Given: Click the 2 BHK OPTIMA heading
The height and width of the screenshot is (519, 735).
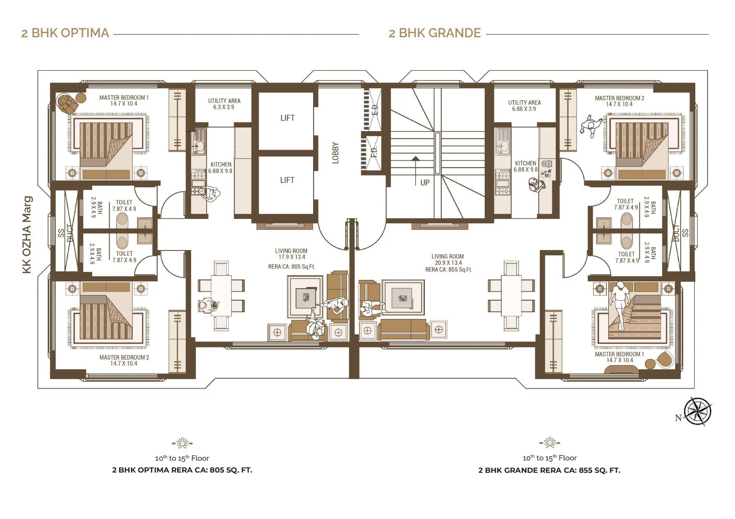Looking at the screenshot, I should coord(65,33).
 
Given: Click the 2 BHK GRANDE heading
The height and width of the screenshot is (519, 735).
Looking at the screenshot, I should coord(435,33).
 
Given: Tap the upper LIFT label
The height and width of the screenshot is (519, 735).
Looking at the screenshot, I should coord(287,118).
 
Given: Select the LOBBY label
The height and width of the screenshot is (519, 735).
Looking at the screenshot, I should coord(335,153).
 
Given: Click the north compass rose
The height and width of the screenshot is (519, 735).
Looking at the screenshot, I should coord(697,411).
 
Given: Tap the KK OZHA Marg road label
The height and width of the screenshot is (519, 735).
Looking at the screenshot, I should coord(27,235).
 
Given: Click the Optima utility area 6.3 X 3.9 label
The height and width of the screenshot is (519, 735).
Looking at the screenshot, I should coord(224,104).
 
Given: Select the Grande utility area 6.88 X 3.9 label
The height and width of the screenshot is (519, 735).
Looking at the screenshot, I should coord(524,106).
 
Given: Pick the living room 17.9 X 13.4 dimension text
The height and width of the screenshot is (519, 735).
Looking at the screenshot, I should coord(291,257).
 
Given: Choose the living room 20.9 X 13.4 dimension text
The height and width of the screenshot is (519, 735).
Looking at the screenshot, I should coord(448,263).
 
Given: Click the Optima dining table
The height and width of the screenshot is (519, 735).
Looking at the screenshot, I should coord(221,296).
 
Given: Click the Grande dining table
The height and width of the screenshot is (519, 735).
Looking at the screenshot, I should coord(511,296).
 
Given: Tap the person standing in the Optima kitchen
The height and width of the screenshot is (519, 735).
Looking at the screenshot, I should coord(211,194).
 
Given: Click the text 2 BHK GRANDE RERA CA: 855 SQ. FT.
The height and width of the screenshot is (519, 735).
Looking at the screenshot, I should coord(549,470).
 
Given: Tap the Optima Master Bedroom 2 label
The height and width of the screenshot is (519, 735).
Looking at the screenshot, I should coord(124,360).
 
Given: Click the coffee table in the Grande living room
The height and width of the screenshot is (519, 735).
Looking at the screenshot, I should coord(403,297).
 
